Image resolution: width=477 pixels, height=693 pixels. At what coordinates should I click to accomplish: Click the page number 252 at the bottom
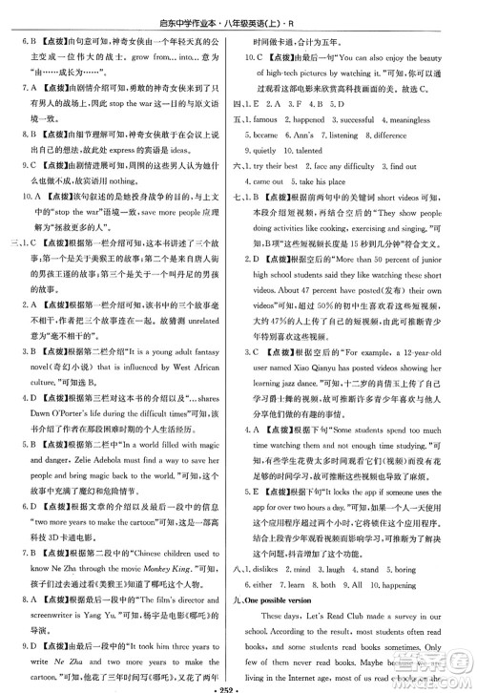[238, 683]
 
